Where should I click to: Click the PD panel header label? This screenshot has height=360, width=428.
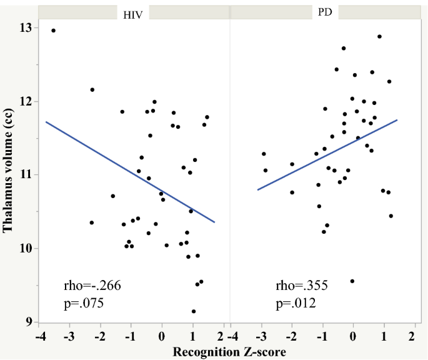pyautogui.click(x=325, y=12)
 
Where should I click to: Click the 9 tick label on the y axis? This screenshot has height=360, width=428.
pyautogui.click(x=28, y=322)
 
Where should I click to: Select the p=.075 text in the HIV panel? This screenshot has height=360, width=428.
pyautogui.click(x=84, y=304)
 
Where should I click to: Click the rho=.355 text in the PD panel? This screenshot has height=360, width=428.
pyautogui.click(x=302, y=286)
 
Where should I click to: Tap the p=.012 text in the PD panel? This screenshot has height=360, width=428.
pyautogui.click(x=296, y=304)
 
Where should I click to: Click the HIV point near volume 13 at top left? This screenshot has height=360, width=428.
pyautogui.click(x=53, y=30)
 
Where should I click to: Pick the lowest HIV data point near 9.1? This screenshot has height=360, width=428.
pyautogui.click(x=194, y=311)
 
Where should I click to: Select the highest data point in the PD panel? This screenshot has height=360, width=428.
pyautogui.click(x=379, y=36)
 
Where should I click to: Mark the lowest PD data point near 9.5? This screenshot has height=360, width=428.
pyautogui.click(x=352, y=281)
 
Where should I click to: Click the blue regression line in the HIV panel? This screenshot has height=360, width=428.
pyautogui.click(x=131, y=172)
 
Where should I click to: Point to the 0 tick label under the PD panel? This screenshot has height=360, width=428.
pyautogui.click(x=353, y=337)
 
